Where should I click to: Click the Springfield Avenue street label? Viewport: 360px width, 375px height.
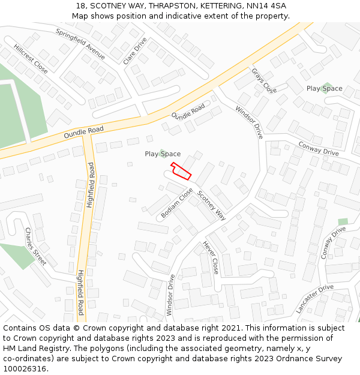click(x=80, y=44)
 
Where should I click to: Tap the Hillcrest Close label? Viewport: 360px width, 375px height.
click(x=31, y=58)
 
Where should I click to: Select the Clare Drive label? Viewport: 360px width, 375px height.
click(x=134, y=51)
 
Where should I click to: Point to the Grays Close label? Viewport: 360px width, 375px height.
click(x=264, y=81)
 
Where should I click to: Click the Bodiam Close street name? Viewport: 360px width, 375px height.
click(x=177, y=204)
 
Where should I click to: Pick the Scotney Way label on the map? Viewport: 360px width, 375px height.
click(x=211, y=206)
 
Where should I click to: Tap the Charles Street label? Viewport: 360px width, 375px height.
click(x=35, y=246)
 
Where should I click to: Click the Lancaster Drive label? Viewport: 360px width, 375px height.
click(x=314, y=299)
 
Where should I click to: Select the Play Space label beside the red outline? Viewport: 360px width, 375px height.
click(x=163, y=154)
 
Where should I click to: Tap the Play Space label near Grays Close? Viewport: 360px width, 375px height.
click(x=325, y=88)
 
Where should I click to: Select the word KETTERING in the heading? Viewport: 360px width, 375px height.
click(x=214, y=6)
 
